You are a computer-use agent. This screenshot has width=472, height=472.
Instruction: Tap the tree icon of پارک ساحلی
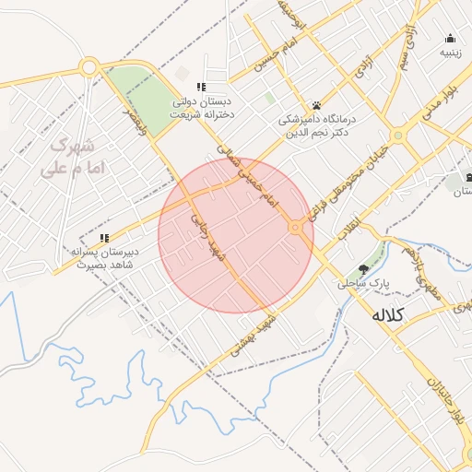click(365, 269)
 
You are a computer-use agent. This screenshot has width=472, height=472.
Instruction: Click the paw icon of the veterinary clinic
click(316, 105)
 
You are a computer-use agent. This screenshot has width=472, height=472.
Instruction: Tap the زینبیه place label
click(449, 53)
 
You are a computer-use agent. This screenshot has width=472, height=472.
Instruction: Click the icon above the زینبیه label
click(450, 39)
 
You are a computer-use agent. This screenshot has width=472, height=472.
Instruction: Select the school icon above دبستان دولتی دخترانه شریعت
click(201, 88)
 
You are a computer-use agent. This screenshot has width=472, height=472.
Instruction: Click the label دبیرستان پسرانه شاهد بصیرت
click(103, 257)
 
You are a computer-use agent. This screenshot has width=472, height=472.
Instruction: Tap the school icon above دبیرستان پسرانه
click(104, 239)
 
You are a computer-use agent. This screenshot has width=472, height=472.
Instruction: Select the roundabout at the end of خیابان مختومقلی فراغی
click(398, 136)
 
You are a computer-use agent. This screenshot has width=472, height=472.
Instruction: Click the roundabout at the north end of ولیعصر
click(89, 67)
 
